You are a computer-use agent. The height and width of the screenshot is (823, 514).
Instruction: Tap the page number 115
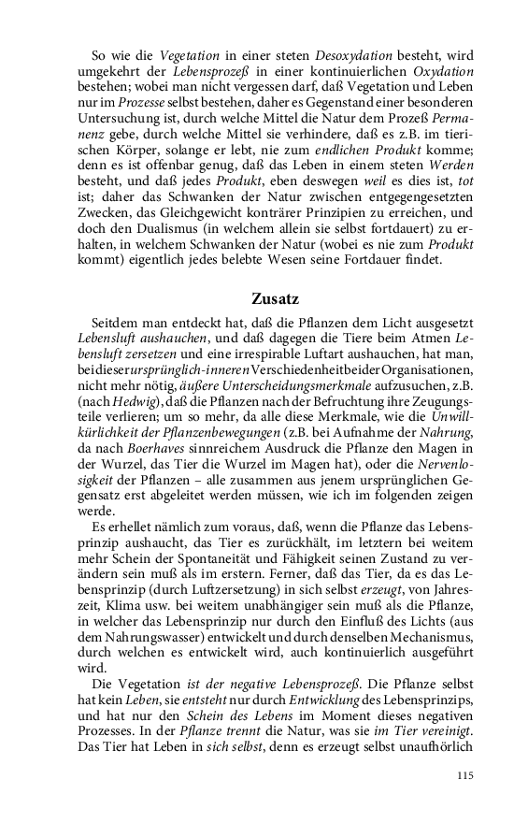466,775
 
